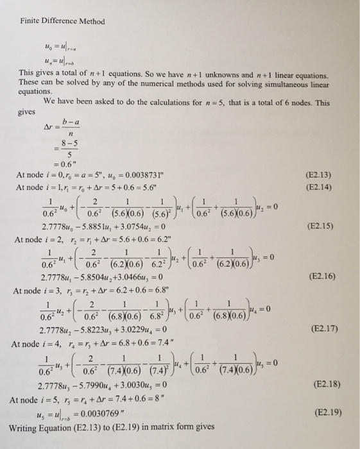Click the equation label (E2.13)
click(326, 173)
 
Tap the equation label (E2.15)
click(326, 226)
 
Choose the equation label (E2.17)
click(326, 332)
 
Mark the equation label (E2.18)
click(326, 385)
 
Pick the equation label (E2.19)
click(326, 416)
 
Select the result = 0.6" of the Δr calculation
click(62, 162)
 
